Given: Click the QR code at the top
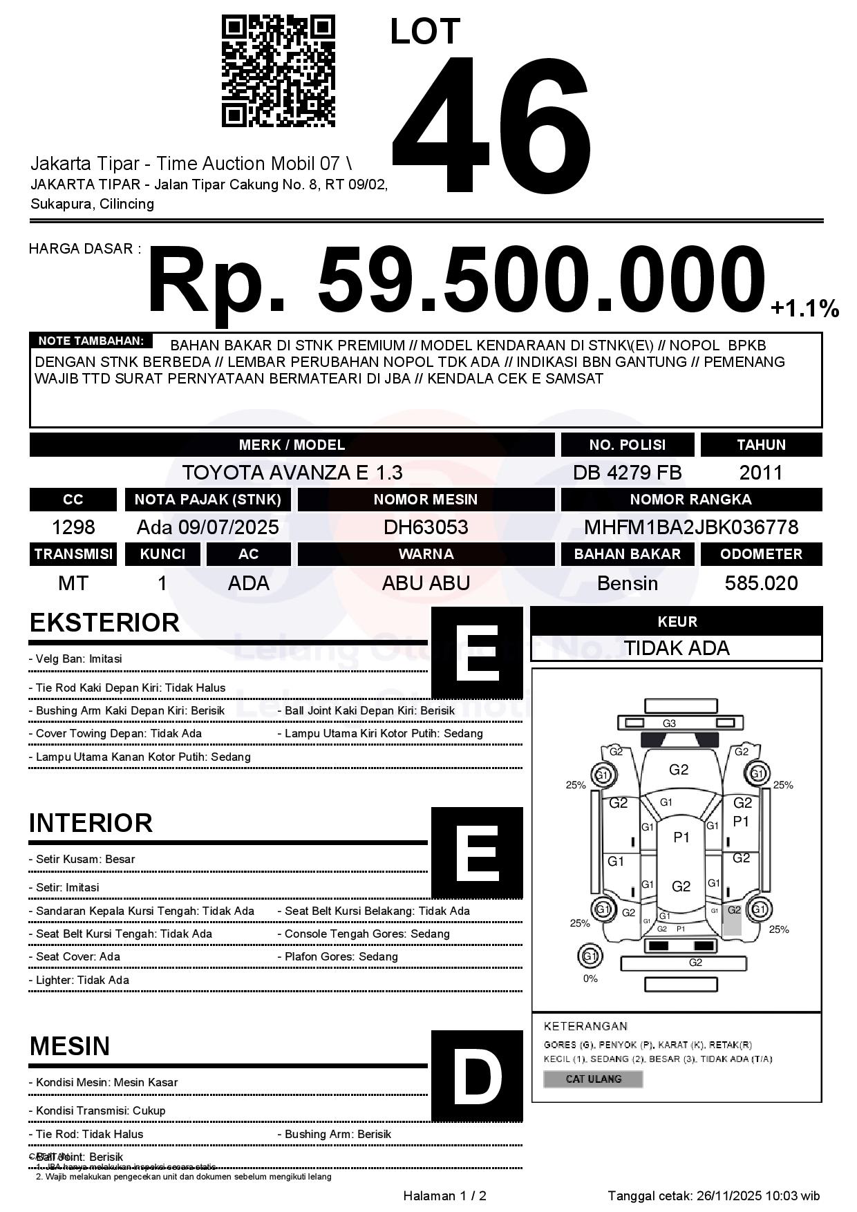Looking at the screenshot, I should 278,72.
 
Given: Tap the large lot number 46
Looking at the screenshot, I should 491,124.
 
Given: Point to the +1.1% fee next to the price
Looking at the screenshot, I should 804,308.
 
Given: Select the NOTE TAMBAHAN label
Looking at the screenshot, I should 91,341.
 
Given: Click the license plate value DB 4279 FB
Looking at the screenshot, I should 627,473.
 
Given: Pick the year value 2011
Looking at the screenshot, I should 760,473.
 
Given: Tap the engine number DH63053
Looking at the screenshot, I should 426,527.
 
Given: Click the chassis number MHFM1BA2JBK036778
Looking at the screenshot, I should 691,527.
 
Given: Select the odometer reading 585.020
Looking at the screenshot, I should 761,583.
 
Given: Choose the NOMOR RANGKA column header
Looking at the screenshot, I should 691,500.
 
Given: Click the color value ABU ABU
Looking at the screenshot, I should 426,583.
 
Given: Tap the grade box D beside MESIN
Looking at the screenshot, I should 477,1075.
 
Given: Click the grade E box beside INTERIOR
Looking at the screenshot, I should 477,852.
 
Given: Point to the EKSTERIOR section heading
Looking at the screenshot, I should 104,623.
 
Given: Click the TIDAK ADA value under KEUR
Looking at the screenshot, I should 677,648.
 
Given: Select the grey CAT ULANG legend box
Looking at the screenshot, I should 593,1079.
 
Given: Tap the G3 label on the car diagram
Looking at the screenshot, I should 669,723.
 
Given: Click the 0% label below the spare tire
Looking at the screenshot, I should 590,978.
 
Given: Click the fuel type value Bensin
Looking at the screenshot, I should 627,583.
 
